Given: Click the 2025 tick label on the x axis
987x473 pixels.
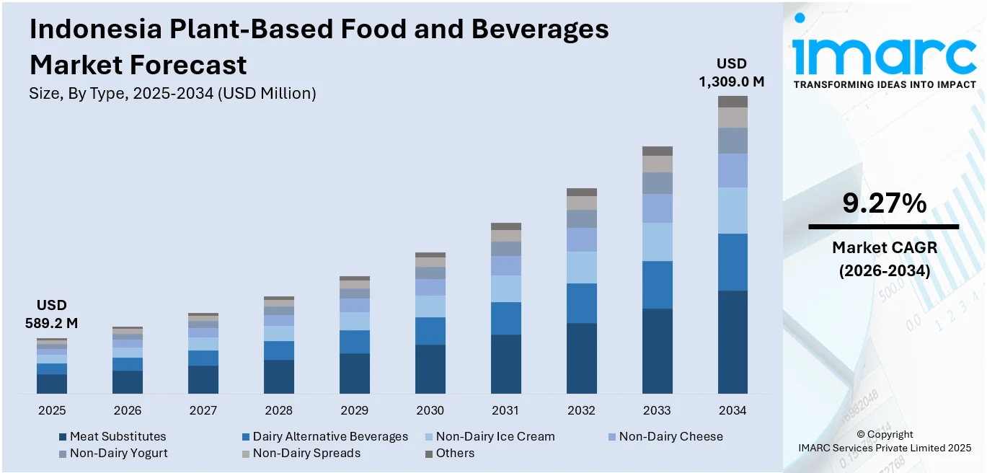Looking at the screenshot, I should (x=52, y=410).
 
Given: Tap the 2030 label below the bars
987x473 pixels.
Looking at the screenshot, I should (x=430, y=410).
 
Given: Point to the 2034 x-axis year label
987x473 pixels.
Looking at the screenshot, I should (x=732, y=410).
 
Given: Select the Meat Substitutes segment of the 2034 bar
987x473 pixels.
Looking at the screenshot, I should (x=732, y=342).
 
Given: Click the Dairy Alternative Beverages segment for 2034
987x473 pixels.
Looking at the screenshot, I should (x=732, y=262).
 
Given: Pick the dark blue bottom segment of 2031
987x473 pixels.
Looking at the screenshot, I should (x=505, y=363).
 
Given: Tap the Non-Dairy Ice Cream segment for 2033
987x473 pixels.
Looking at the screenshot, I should (x=657, y=242).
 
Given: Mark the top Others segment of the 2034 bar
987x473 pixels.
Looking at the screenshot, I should (x=732, y=102).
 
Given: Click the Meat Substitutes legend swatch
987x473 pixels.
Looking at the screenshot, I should (x=63, y=437).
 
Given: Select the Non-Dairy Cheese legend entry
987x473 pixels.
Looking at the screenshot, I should (x=670, y=436).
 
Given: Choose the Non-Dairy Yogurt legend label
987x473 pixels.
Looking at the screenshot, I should (x=119, y=453).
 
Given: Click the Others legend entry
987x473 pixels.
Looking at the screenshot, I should (x=455, y=453).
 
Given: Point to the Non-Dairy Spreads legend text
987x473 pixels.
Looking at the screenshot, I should (x=306, y=453).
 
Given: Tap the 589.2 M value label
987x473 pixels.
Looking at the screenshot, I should (x=52, y=324).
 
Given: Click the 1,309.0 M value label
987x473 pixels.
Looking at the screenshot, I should (x=731, y=82).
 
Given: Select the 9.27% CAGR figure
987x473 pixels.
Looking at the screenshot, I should (x=884, y=204).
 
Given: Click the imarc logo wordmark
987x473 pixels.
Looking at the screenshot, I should (x=884, y=53).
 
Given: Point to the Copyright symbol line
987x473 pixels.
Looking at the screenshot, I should (x=884, y=434).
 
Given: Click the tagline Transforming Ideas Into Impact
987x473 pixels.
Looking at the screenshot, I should (x=885, y=84).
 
